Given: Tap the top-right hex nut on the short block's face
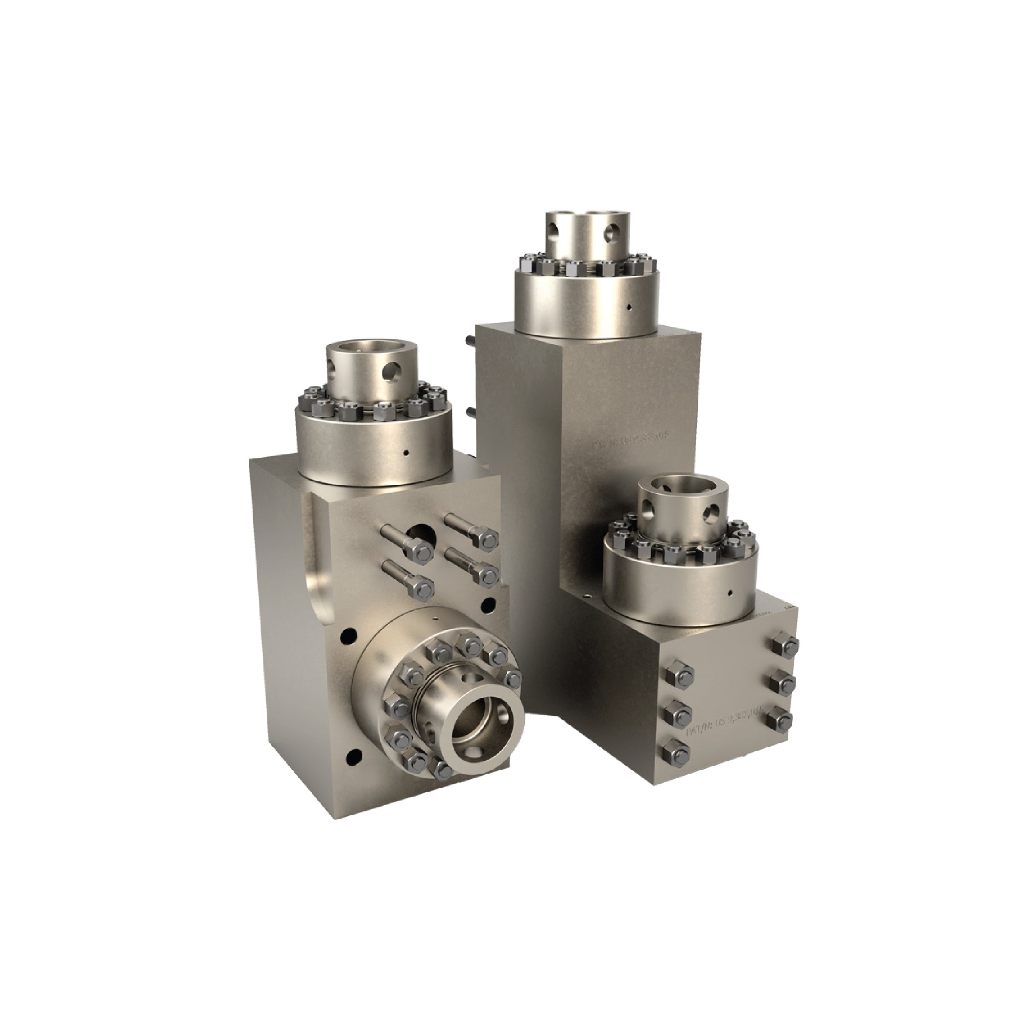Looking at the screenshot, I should (784, 645).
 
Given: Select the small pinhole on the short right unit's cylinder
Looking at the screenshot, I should (730, 593).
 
